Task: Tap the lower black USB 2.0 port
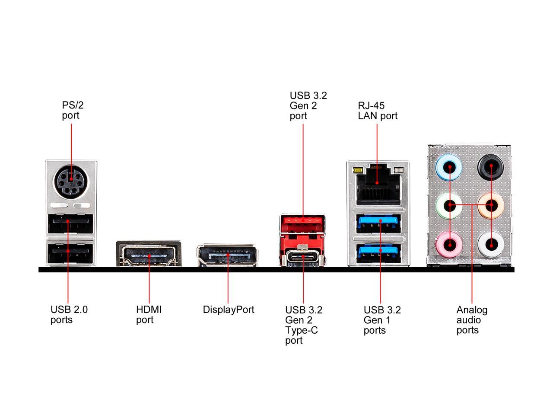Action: click(x=71, y=252)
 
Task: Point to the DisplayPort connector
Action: click(x=227, y=255)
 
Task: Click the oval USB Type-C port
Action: click(x=303, y=257)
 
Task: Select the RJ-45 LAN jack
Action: click(x=377, y=186)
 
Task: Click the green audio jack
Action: click(x=450, y=205)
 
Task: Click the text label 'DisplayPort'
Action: click(x=229, y=310)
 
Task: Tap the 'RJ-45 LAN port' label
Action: click(x=377, y=111)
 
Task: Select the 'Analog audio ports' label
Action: click(x=471, y=320)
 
